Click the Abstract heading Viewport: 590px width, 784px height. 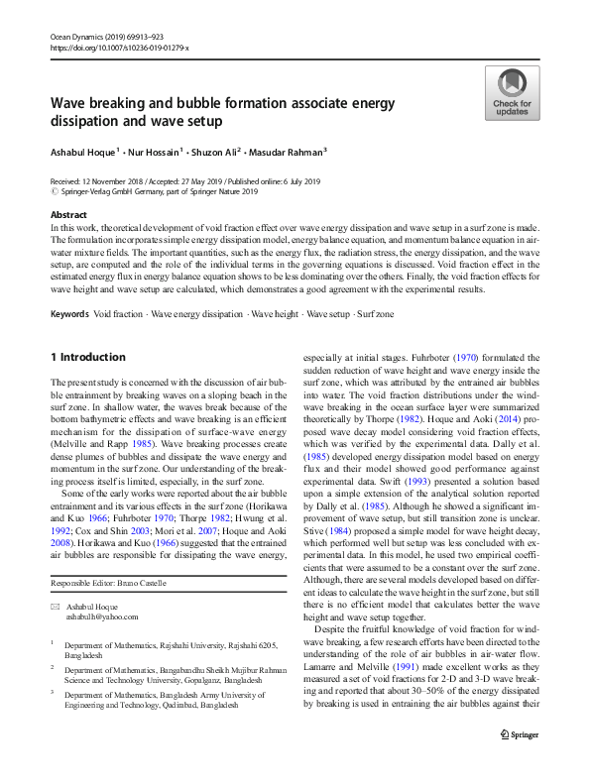pos(67,214)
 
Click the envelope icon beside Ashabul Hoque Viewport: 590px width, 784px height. pos(56,605)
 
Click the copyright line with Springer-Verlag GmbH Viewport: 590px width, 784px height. pos(154,191)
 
